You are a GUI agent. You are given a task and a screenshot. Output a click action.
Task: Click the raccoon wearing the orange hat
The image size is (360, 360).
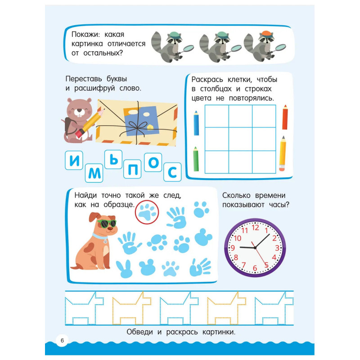click(x=265, y=46)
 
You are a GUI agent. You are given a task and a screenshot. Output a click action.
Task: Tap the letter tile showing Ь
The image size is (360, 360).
click(x=113, y=159)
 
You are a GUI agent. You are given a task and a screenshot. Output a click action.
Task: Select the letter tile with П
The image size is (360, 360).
click(x=132, y=169)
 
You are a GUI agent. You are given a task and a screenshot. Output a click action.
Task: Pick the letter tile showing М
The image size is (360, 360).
click(x=94, y=173)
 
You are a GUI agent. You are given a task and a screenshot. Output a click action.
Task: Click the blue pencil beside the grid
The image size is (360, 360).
click(x=196, y=123)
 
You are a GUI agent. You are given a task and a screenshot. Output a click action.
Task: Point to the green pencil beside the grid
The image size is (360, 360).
click(x=196, y=159)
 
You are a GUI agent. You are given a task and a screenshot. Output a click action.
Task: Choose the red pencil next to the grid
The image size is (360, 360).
click(x=285, y=117)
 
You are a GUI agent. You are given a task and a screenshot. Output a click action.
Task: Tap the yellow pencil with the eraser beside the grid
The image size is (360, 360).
click(x=283, y=153)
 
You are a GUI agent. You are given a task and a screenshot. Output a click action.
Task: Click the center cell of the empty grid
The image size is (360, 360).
click(x=240, y=139)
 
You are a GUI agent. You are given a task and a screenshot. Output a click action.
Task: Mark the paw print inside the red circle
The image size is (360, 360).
click(x=147, y=212)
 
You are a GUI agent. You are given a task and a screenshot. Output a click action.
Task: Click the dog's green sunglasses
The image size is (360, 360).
click(x=107, y=223)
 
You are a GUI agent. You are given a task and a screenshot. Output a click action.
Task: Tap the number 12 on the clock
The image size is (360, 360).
click(x=255, y=228)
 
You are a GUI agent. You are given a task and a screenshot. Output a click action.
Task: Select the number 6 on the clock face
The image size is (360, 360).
click(x=255, y=268)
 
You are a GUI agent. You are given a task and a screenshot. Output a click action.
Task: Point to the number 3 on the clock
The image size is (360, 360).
click(x=277, y=248)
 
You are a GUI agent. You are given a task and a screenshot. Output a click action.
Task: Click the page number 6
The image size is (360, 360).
click(x=62, y=340)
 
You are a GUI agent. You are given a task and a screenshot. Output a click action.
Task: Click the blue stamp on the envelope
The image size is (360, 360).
click(x=142, y=121)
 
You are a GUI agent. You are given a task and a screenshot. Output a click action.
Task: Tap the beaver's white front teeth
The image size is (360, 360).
click(x=79, y=114)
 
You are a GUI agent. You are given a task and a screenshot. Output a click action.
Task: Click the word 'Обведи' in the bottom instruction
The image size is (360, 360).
click(x=139, y=332)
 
